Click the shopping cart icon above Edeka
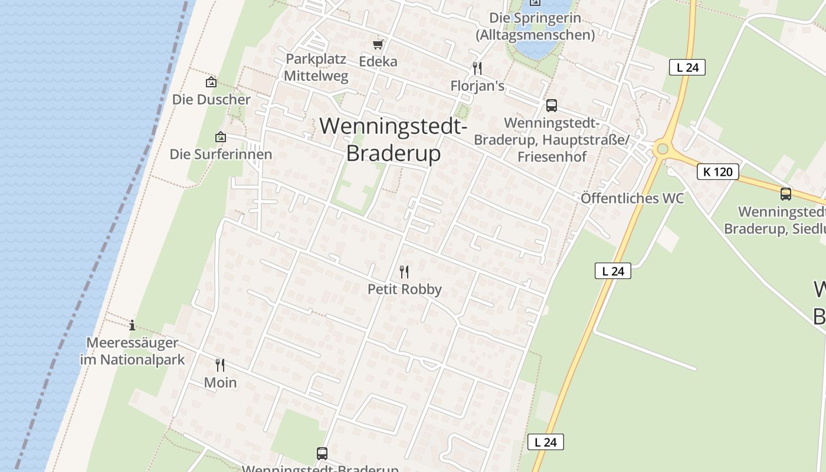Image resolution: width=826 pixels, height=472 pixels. point(378,44)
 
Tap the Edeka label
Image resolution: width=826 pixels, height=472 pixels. point(378,61)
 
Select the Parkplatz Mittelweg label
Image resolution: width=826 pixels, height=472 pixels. point(316,67)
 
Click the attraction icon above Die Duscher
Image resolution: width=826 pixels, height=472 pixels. point(211,82)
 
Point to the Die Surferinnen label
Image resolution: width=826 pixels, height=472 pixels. point(221,155)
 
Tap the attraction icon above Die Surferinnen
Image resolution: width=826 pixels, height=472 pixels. point(221,137)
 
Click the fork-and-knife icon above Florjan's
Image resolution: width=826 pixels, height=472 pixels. point(477,68)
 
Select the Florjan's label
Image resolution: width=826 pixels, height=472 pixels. point(477,86)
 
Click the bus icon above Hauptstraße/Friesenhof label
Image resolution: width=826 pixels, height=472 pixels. point(552,106)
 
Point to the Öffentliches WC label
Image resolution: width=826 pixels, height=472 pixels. point(632,198)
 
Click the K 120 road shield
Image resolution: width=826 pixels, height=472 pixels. point(717,172)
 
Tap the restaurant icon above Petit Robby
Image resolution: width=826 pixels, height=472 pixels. point(404,272)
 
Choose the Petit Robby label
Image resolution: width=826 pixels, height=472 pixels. point(404,289)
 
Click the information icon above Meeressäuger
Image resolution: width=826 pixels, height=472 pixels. point(132,325)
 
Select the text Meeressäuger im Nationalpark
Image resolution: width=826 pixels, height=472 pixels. point(132,351)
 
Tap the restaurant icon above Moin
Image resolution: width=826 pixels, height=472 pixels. point(220,365)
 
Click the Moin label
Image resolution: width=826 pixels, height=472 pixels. point(220,382)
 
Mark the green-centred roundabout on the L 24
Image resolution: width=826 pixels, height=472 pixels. point(663,149)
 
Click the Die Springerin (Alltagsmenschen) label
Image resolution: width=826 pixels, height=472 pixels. point(535,27)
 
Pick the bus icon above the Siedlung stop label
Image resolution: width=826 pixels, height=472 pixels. point(785,194)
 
